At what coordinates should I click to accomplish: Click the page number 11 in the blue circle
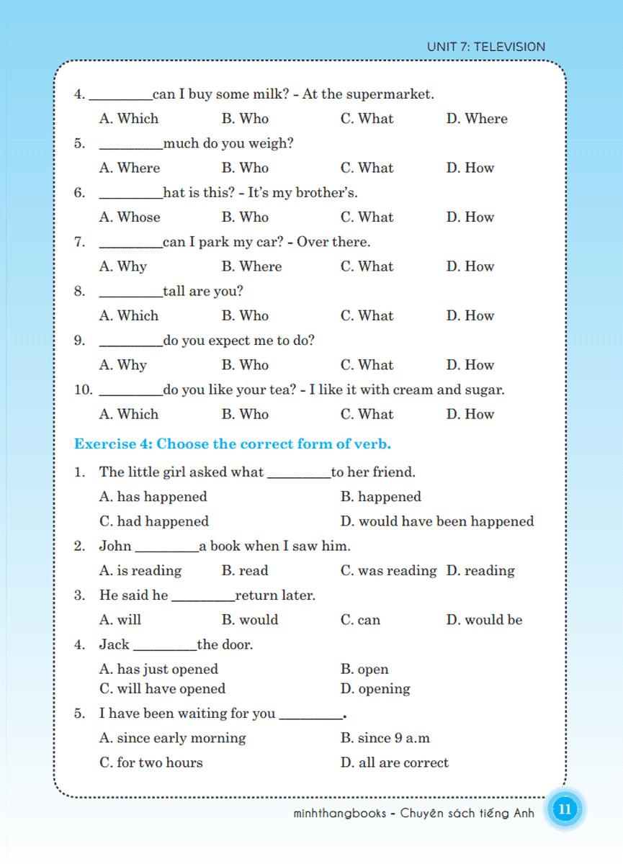[x=565, y=809]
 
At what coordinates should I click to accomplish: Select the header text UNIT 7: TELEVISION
[x=486, y=47]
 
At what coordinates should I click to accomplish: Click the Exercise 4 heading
[x=233, y=444]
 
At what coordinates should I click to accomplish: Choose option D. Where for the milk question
[x=477, y=119]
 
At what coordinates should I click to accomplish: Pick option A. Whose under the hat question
[x=130, y=217]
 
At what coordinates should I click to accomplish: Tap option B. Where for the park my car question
[x=251, y=266]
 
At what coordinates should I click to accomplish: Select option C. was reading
[x=388, y=571]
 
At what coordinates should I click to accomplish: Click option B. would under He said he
[x=249, y=620]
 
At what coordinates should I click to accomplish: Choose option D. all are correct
[x=394, y=762]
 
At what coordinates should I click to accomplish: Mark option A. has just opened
[x=158, y=670]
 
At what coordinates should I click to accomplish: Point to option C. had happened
[x=154, y=521]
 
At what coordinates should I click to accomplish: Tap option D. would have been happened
[x=437, y=521]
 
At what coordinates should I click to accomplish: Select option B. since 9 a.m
[x=385, y=738]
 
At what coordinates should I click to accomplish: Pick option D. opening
[x=375, y=689]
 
